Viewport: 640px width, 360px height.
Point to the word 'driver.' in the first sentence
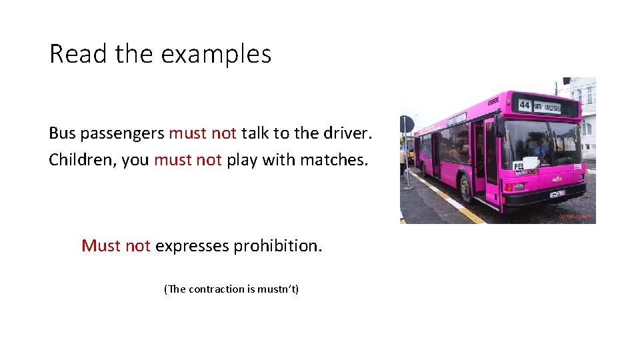click(x=345, y=133)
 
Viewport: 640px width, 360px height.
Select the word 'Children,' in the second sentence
click(x=83, y=160)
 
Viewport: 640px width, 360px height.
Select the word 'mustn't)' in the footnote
click(x=279, y=289)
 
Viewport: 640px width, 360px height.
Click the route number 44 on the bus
click(x=525, y=105)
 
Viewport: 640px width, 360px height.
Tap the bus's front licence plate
click(x=557, y=194)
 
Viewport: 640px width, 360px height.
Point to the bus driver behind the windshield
click(x=541, y=148)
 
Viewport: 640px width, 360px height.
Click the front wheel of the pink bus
click(x=467, y=189)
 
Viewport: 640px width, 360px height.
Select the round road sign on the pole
click(x=407, y=125)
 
